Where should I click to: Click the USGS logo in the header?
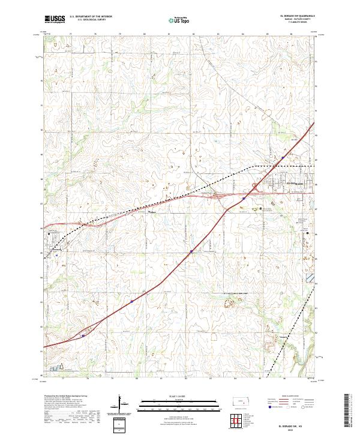click(55, 20)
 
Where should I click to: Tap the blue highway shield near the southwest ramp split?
click(82, 337)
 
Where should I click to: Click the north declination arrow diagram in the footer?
click(121, 404)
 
